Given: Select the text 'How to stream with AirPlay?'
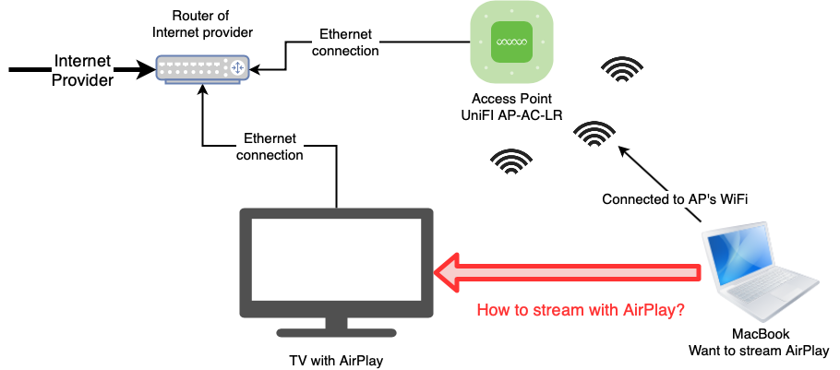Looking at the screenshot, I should click(580, 310).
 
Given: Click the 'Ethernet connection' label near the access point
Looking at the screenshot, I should click(345, 42).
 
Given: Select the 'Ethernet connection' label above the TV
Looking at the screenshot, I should click(270, 147).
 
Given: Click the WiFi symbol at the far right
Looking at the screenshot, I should click(623, 70).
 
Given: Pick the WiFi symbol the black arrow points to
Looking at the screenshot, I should click(594, 137).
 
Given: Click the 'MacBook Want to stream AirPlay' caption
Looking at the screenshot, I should click(758, 342).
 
